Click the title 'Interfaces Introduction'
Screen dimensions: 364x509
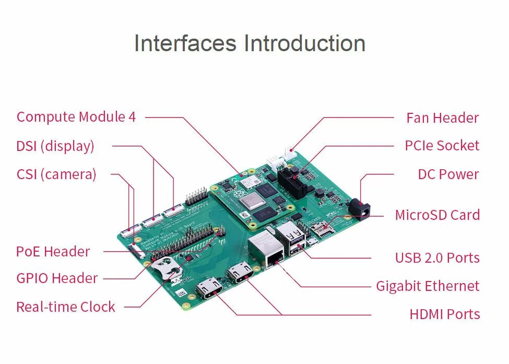click(x=250, y=43)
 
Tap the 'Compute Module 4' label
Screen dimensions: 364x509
click(x=76, y=117)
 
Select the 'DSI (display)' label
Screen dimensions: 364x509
click(x=55, y=146)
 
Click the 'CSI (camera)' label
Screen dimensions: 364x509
click(x=56, y=174)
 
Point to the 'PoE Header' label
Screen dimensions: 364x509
click(x=53, y=252)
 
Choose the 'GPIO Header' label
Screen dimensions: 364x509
click(x=57, y=278)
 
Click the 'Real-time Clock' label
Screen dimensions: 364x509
click(x=66, y=307)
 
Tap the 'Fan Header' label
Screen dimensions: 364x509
click(x=442, y=118)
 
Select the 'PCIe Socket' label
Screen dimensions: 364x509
click(x=442, y=146)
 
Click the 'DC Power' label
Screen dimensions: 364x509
click(x=448, y=174)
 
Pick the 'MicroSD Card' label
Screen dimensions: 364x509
click(x=437, y=215)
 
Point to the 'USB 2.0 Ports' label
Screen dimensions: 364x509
click(x=437, y=258)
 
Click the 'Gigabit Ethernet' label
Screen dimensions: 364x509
click(x=427, y=286)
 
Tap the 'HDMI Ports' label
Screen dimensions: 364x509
click(x=444, y=314)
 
